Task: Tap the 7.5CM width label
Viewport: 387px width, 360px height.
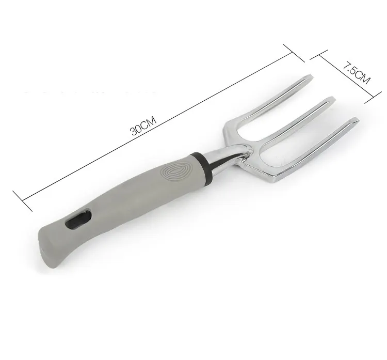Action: pyautogui.click(x=356, y=73)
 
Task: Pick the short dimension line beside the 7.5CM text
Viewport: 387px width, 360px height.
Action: pyautogui.click(x=345, y=76)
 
